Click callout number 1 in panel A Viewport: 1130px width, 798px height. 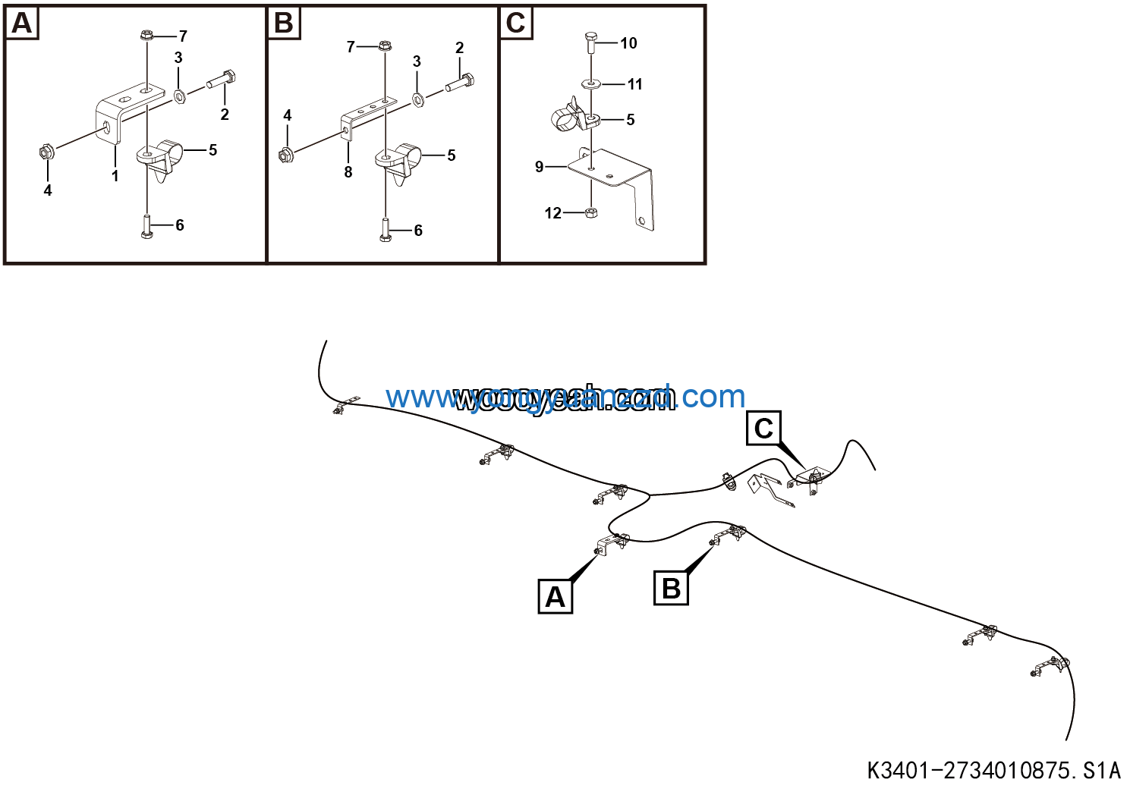[115, 176]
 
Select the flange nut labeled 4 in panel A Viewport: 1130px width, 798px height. [45, 152]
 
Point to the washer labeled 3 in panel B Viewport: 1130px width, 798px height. [418, 99]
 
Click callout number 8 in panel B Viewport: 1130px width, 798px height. [348, 172]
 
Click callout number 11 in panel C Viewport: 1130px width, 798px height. [635, 84]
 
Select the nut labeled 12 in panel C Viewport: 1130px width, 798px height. [591, 212]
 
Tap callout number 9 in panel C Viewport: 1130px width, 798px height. [540, 166]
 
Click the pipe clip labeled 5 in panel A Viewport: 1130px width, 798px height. [163, 155]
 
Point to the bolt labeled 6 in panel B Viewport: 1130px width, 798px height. [386, 231]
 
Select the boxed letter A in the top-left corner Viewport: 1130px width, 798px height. [22, 24]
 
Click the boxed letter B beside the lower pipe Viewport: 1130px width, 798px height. [671, 589]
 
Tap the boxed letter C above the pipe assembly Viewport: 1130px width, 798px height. [763, 429]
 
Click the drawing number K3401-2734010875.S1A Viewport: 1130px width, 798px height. [993, 771]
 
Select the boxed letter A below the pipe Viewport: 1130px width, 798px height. [555, 597]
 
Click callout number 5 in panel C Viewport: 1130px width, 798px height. [631, 120]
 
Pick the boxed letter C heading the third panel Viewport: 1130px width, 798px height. [515, 24]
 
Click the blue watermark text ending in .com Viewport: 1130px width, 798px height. [565, 397]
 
